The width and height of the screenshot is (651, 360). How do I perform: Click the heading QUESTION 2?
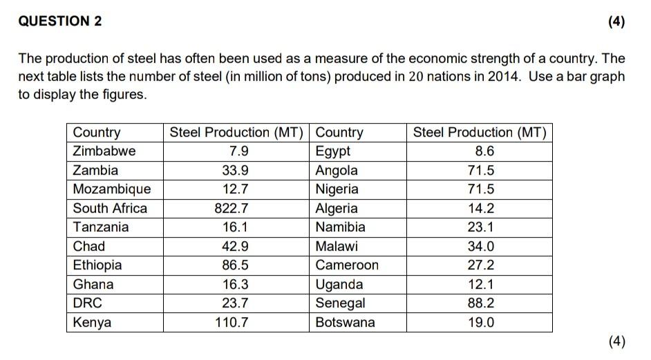60,21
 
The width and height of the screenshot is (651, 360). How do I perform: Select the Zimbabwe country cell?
104,151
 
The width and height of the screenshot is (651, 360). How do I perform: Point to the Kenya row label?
92,322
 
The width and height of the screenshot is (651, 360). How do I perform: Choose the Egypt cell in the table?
333,151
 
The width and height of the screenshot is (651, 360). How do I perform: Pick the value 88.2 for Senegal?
480,303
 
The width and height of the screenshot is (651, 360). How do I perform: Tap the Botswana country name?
346,322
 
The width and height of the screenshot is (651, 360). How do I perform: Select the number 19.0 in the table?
480,322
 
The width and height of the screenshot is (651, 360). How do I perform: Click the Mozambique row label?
112,189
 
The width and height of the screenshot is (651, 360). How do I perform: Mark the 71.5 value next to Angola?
480,170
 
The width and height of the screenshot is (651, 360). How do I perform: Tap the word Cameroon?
347,265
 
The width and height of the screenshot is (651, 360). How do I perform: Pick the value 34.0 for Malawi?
480,246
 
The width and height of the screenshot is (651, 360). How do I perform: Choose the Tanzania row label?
101,227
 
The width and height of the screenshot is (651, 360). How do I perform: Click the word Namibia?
341,227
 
